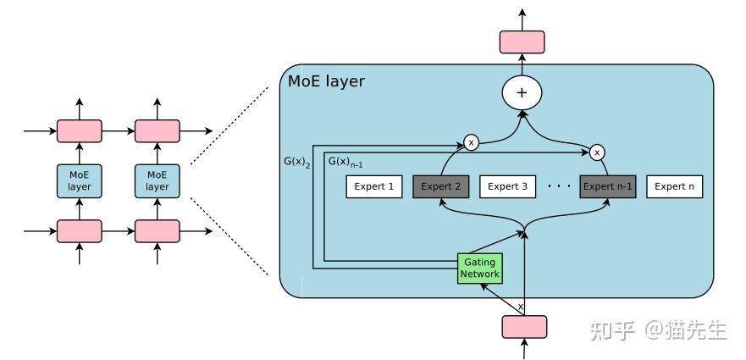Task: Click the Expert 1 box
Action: coord(374,186)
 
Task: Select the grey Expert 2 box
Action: coord(441,186)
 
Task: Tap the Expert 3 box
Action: coord(508,186)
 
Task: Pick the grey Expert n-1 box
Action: coord(607,186)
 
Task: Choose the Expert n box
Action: coord(674,186)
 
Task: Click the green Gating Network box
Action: coord(479,269)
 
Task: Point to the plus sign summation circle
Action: coord(522,92)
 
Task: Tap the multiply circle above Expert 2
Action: coord(471,142)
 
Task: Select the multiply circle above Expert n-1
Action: coord(597,152)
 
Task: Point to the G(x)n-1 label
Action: coord(345,162)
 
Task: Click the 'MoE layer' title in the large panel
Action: coord(326,81)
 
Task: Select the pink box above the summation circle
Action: coord(522,42)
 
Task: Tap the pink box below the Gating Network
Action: coord(524,327)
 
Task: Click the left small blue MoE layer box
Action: coord(79,181)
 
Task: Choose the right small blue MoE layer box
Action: coord(157,181)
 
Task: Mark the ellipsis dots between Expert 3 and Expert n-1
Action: coord(560,186)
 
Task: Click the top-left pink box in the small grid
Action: coord(79,131)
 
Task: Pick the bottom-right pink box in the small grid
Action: coord(157,231)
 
